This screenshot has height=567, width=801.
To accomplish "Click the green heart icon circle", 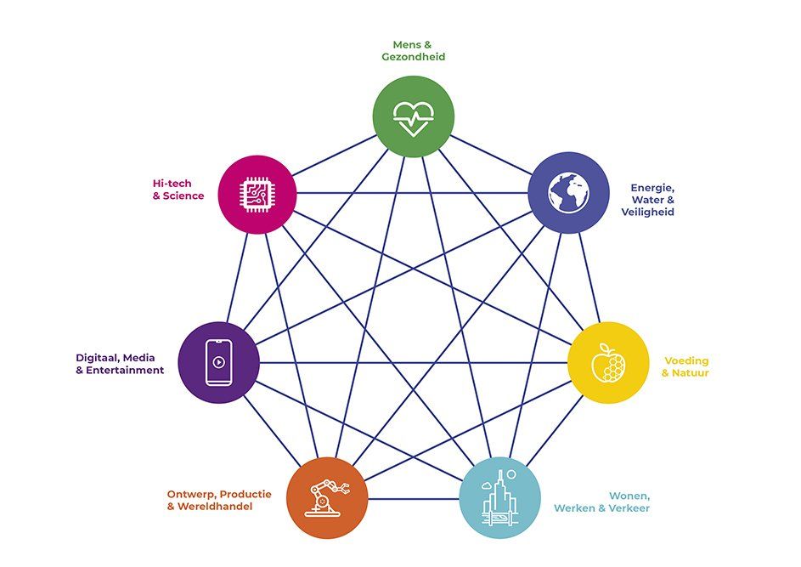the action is click(414, 116).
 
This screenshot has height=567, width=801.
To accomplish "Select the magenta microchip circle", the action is click(257, 195).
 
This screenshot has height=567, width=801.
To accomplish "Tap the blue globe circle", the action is click(568, 193).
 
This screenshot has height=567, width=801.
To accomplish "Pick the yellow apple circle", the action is click(608, 362).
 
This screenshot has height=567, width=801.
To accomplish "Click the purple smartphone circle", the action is click(218, 362).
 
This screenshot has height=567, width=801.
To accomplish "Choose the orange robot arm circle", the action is click(327, 498).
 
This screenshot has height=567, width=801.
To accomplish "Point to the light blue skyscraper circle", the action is click(499, 498).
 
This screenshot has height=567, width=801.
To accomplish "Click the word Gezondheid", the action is click(414, 57).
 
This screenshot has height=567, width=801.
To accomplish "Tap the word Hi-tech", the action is click(172, 183).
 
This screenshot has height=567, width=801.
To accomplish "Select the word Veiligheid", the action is click(648, 213).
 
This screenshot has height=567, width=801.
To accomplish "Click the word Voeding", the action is click(686, 361).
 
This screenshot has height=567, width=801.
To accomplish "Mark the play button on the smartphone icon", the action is click(218, 362).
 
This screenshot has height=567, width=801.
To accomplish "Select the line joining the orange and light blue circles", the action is click(414, 498).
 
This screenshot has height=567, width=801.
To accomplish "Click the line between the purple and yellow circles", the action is click(414, 362).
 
